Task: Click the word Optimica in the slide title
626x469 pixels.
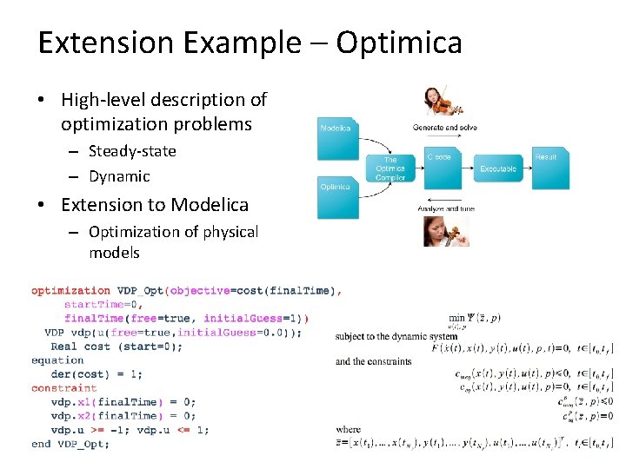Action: (x=399, y=43)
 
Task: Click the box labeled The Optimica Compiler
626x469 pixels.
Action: (x=390, y=167)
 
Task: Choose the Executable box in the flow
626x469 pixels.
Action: (x=498, y=168)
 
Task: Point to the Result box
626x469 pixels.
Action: (x=545, y=165)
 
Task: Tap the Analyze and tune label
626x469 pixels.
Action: (x=446, y=208)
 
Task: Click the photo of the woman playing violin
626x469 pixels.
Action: (x=440, y=102)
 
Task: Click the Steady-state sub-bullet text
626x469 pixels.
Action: (x=132, y=151)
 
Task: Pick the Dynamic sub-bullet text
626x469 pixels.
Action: (x=119, y=176)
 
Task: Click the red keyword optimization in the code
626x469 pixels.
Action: (x=70, y=291)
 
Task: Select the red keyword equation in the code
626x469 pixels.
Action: (x=57, y=360)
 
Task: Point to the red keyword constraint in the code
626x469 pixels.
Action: (x=63, y=388)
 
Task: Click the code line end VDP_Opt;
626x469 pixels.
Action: (x=70, y=444)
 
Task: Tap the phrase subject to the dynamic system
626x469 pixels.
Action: (x=396, y=336)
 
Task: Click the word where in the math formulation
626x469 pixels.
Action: (x=347, y=429)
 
